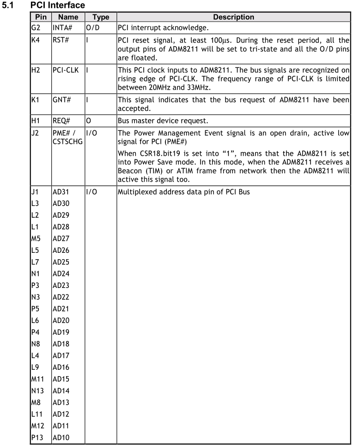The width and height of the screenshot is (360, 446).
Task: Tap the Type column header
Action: (100, 17)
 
